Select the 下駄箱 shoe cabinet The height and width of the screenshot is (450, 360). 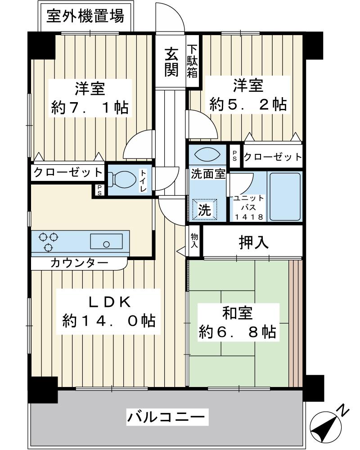pos(193,61)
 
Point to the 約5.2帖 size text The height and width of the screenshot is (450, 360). pos(248,104)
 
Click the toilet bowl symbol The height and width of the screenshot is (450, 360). pos(122,180)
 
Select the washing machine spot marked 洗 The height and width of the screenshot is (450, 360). pos(204,209)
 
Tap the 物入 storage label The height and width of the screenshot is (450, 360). pos(194,240)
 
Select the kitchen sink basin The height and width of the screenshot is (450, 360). pos(106,242)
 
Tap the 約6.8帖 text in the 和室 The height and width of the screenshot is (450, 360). pos(238,332)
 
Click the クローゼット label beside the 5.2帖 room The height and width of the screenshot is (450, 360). pos(273,157)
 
